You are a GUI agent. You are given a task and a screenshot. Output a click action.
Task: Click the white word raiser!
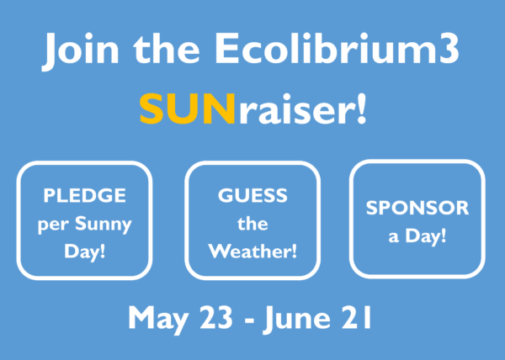pos(300,109)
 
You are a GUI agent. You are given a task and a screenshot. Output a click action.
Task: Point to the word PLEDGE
pos(84,197)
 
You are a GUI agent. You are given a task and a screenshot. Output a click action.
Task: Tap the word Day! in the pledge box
pos(84,251)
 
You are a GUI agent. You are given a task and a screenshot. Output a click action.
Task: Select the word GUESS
pos(252,197)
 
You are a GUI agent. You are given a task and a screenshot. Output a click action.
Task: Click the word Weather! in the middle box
pos(252,251)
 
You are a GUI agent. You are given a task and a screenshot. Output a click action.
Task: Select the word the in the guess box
pos(252,224)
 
